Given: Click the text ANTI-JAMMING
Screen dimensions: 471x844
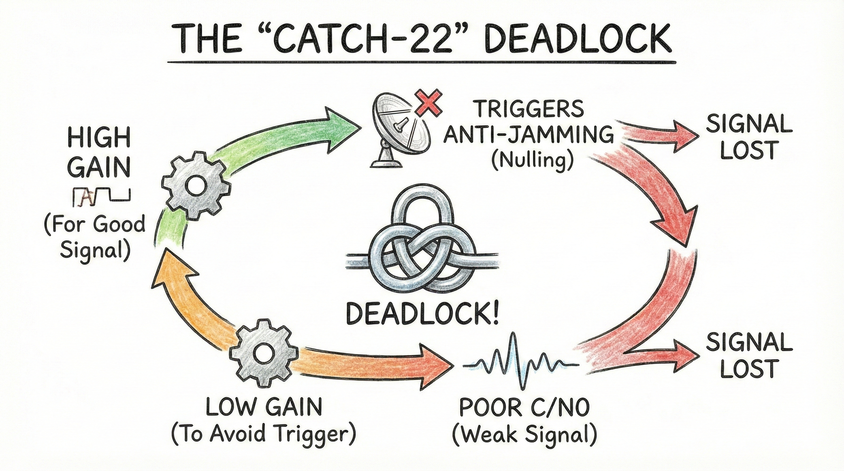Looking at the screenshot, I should pyautogui.click(x=528, y=135).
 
